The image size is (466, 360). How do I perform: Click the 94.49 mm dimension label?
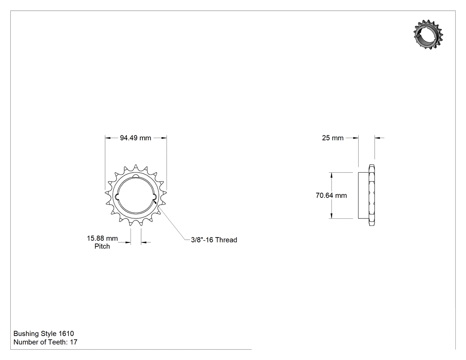click(x=135, y=138)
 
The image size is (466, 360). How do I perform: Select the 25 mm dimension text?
click(x=332, y=138)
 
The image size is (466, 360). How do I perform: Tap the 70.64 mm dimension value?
click(x=331, y=195)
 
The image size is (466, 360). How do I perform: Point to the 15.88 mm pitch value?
click(x=102, y=238)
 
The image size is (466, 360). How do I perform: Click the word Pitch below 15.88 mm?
click(x=102, y=246)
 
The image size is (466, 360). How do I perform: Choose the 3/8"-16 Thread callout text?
click(x=214, y=240)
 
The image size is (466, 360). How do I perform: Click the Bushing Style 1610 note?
click(x=43, y=333)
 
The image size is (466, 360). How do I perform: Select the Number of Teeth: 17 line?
click(x=45, y=342)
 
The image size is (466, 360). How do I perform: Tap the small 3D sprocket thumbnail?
click(x=428, y=35)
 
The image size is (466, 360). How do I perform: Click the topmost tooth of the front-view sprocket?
click(x=136, y=167)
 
